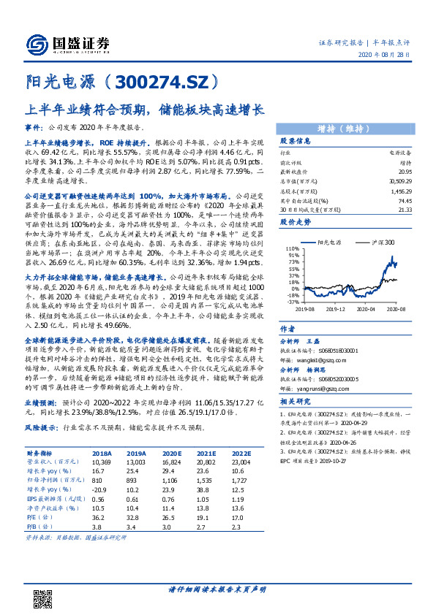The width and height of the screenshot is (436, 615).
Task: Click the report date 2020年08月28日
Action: tap(399, 56)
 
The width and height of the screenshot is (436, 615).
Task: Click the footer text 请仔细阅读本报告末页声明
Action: tap(217, 588)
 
